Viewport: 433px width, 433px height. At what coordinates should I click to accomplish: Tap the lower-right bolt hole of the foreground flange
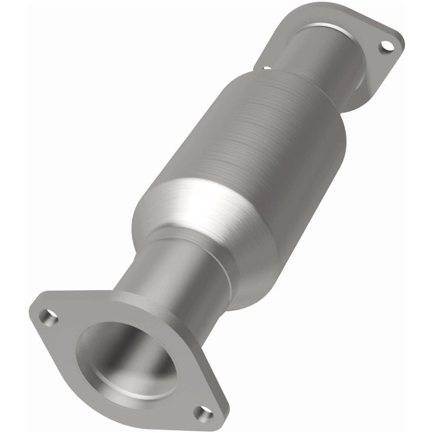pyautogui.click(x=203, y=414)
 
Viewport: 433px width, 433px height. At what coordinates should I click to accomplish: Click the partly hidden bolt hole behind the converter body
pyautogui.click(x=267, y=68)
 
